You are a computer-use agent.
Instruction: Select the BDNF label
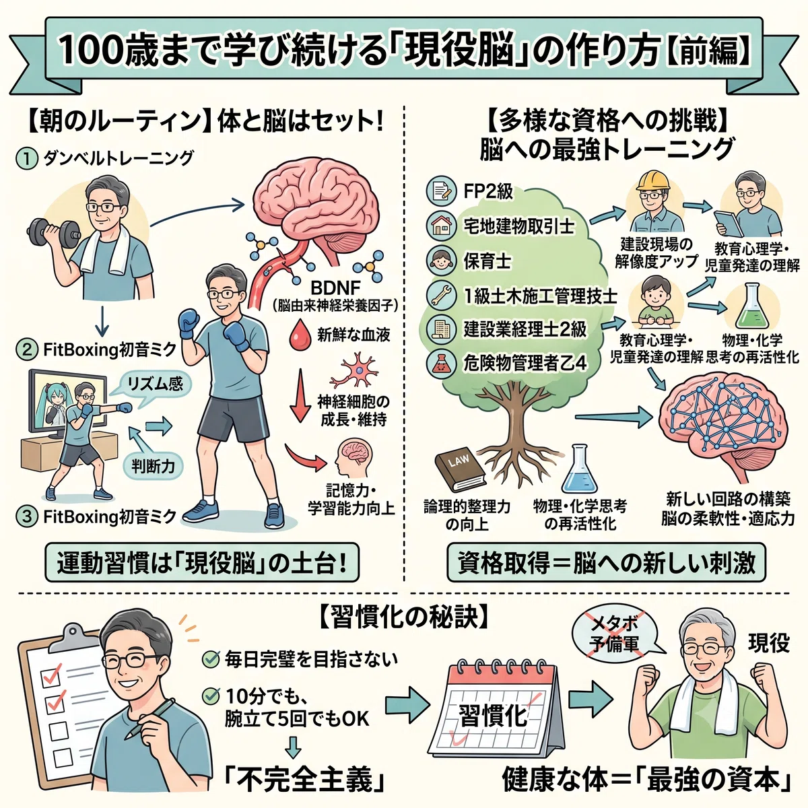coord(335,288)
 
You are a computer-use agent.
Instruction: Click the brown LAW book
coord(460,471)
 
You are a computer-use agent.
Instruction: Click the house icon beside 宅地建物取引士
coord(440,226)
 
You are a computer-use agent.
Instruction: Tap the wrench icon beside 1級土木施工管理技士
coord(440,295)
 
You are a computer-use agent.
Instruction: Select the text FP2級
coord(488,192)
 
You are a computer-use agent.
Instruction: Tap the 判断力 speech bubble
coord(154,465)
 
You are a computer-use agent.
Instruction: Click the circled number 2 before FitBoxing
coord(26,349)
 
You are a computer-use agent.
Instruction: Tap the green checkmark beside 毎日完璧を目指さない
coord(211,659)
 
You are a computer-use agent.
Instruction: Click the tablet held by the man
coord(729,224)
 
